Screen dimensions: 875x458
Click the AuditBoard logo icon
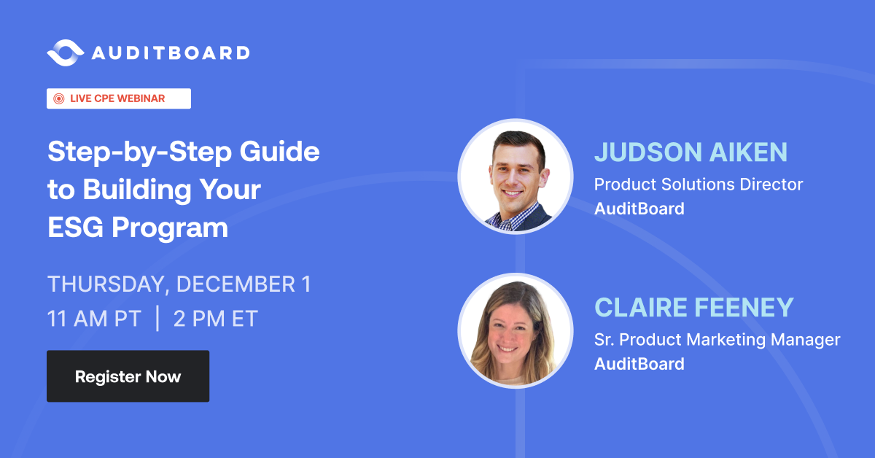coord(65,53)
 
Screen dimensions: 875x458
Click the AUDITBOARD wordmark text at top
coord(171,53)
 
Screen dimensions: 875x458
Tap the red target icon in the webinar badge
coord(58,99)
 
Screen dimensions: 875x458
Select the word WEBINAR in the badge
coord(141,98)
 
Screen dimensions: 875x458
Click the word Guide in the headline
coord(280,151)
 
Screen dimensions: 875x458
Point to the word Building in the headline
coord(137,190)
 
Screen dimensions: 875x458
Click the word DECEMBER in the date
coord(236,284)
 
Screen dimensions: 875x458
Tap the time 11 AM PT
coord(94,319)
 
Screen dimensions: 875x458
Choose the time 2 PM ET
coord(216,319)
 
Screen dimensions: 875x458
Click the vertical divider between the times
coord(157,319)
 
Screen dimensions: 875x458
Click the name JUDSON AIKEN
coord(691,152)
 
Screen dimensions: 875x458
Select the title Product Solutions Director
coord(699,185)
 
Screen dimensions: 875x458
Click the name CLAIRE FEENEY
coord(693,307)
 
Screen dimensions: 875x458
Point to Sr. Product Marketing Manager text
coord(717,340)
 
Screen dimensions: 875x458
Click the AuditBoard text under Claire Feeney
coord(639,364)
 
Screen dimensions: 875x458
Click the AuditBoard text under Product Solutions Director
coord(639,209)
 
